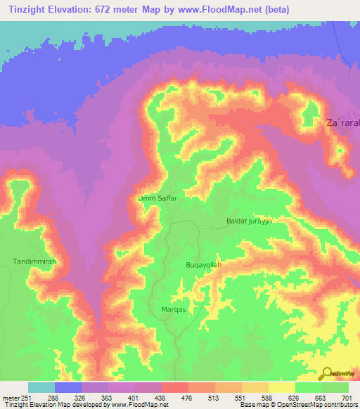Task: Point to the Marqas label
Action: click(x=163, y=308)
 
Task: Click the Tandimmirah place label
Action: click(x=34, y=261)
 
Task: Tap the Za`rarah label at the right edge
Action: click(x=342, y=123)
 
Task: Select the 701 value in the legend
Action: click(x=347, y=397)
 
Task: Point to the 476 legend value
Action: click(x=188, y=397)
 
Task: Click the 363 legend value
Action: click(x=108, y=397)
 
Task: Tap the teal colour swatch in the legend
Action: click(x=41, y=387)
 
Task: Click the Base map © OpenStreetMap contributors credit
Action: click(x=298, y=405)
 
